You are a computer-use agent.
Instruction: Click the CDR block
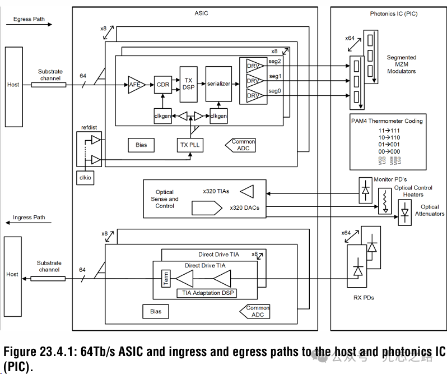pos(163,85)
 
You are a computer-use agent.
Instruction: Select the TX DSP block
pos(188,84)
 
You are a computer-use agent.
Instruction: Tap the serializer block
pos(218,84)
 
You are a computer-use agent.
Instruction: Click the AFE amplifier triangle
pos(135,85)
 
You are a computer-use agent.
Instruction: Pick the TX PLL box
pos(190,145)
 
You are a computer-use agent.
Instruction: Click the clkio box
pos(85,177)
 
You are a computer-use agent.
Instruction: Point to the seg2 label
pos(275,62)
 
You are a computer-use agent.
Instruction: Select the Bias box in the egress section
pos(141,145)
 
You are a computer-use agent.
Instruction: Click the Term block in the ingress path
pos(165,278)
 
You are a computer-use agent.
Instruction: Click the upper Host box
pos(13,85)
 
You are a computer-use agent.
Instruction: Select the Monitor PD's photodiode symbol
pos(366,190)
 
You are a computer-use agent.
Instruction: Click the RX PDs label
pos(364,298)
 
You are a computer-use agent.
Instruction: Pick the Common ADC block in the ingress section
pos(258,311)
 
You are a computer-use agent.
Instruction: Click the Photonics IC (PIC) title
pos(394,14)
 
